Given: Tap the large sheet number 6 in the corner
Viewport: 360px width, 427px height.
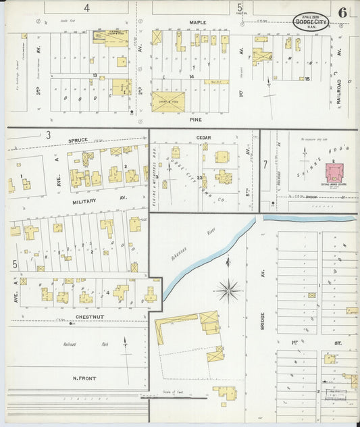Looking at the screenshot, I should pyautogui.click(x=344, y=12).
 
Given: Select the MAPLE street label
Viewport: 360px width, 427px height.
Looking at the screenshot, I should pyautogui.click(x=197, y=22).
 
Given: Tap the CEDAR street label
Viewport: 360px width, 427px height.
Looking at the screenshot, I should pyautogui.click(x=203, y=138).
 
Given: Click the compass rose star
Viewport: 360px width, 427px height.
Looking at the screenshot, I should pyautogui.click(x=228, y=291).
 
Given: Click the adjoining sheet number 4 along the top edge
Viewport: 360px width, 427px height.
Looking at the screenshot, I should pyautogui.click(x=86, y=8).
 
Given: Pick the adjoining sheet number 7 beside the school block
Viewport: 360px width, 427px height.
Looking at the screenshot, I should pyautogui.click(x=265, y=164).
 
